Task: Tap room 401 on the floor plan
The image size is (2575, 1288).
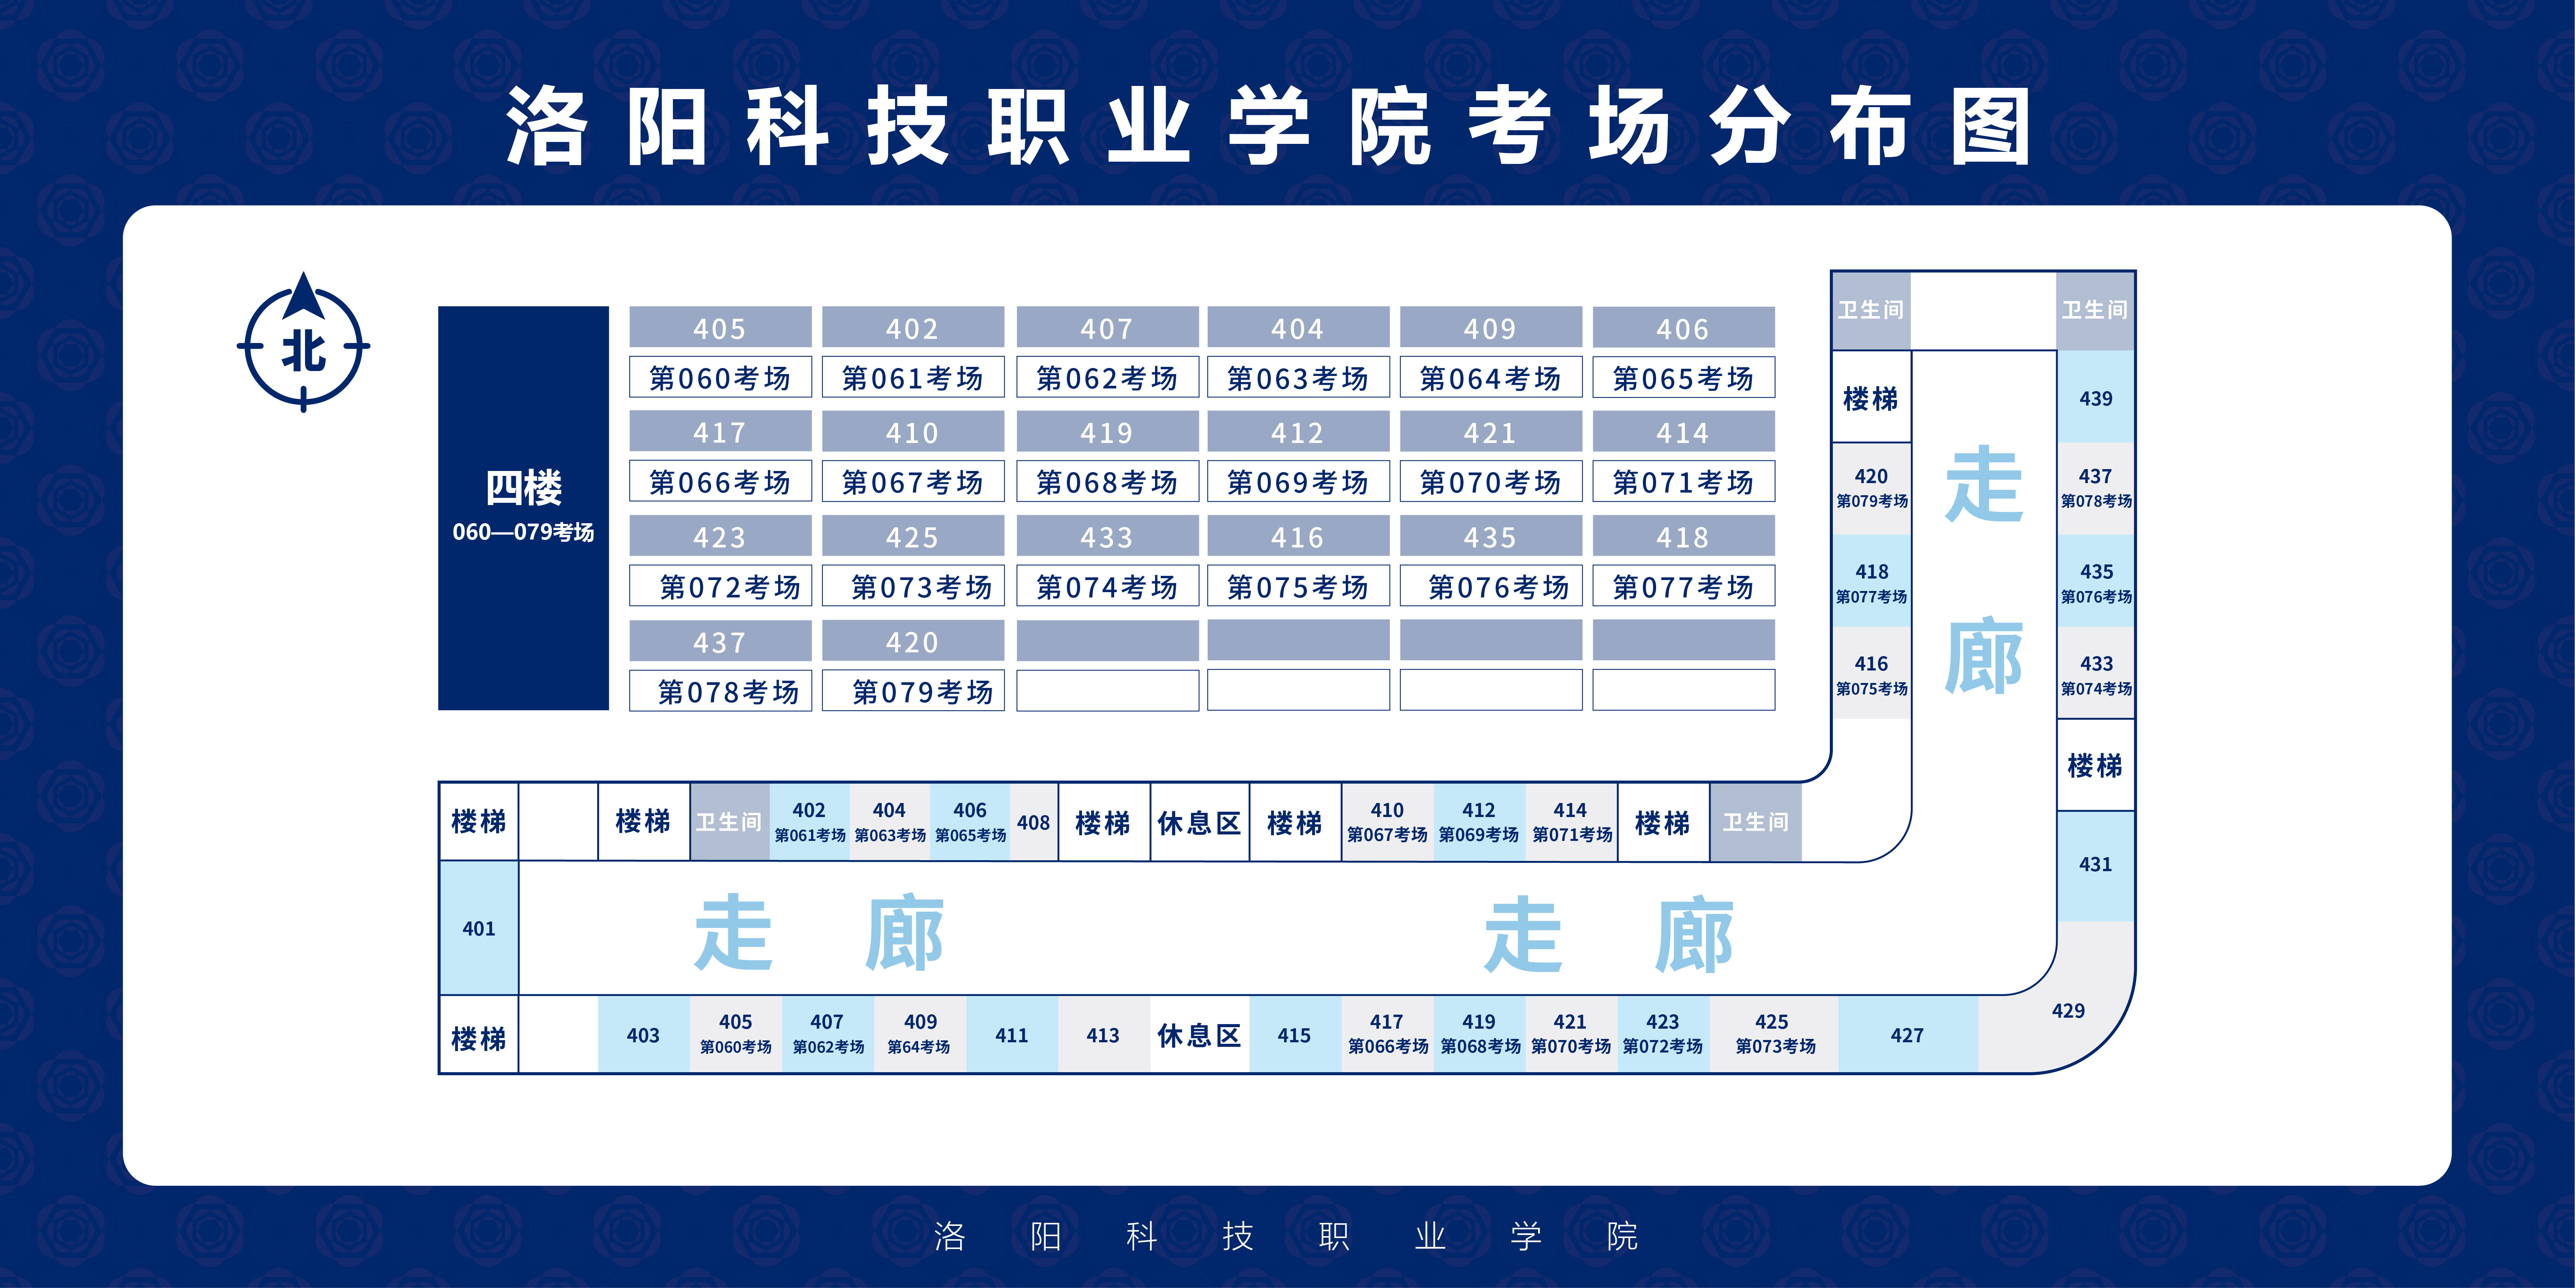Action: pos(479,928)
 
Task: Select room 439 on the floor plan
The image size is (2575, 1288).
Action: pos(2095,398)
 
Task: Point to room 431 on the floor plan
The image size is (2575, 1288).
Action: pos(2095,864)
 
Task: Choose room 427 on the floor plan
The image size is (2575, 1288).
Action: pos(1906,1035)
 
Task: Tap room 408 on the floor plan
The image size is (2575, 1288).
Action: pos(1034,822)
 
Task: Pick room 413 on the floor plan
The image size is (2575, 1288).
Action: pos(1102,1035)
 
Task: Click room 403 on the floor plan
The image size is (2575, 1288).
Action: pos(643,1035)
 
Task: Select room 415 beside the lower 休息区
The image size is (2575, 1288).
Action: pos(1294,1035)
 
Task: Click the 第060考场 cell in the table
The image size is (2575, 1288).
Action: pos(720,378)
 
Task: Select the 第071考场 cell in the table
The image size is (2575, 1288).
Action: pos(1683,482)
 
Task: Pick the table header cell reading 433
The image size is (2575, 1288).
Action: pos(1107,537)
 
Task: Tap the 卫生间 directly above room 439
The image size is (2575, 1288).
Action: pos(2095,310)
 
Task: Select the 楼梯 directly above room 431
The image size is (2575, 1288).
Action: pos(2095,765)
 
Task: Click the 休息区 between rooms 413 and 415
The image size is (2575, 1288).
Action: pos(1199,1035)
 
